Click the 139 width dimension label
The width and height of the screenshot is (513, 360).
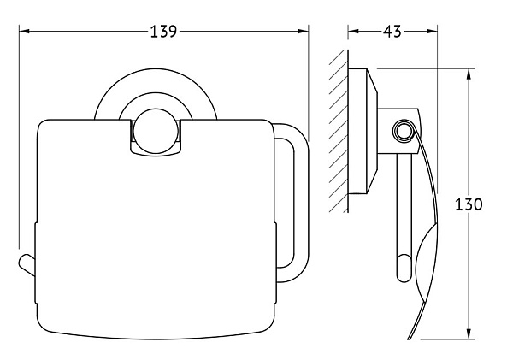(x=162, y=32)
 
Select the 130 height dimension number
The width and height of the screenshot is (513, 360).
(x=469, y=205)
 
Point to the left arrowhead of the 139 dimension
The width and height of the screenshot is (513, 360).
(x=22, y=32)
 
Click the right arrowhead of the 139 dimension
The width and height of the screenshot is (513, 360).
(x=305, y=32)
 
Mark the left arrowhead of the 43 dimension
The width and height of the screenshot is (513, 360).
(x=351, y=32)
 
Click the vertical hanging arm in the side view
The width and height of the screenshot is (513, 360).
(x=401, y=222)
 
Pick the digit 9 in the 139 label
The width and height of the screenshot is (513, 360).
(x=173, y=32)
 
